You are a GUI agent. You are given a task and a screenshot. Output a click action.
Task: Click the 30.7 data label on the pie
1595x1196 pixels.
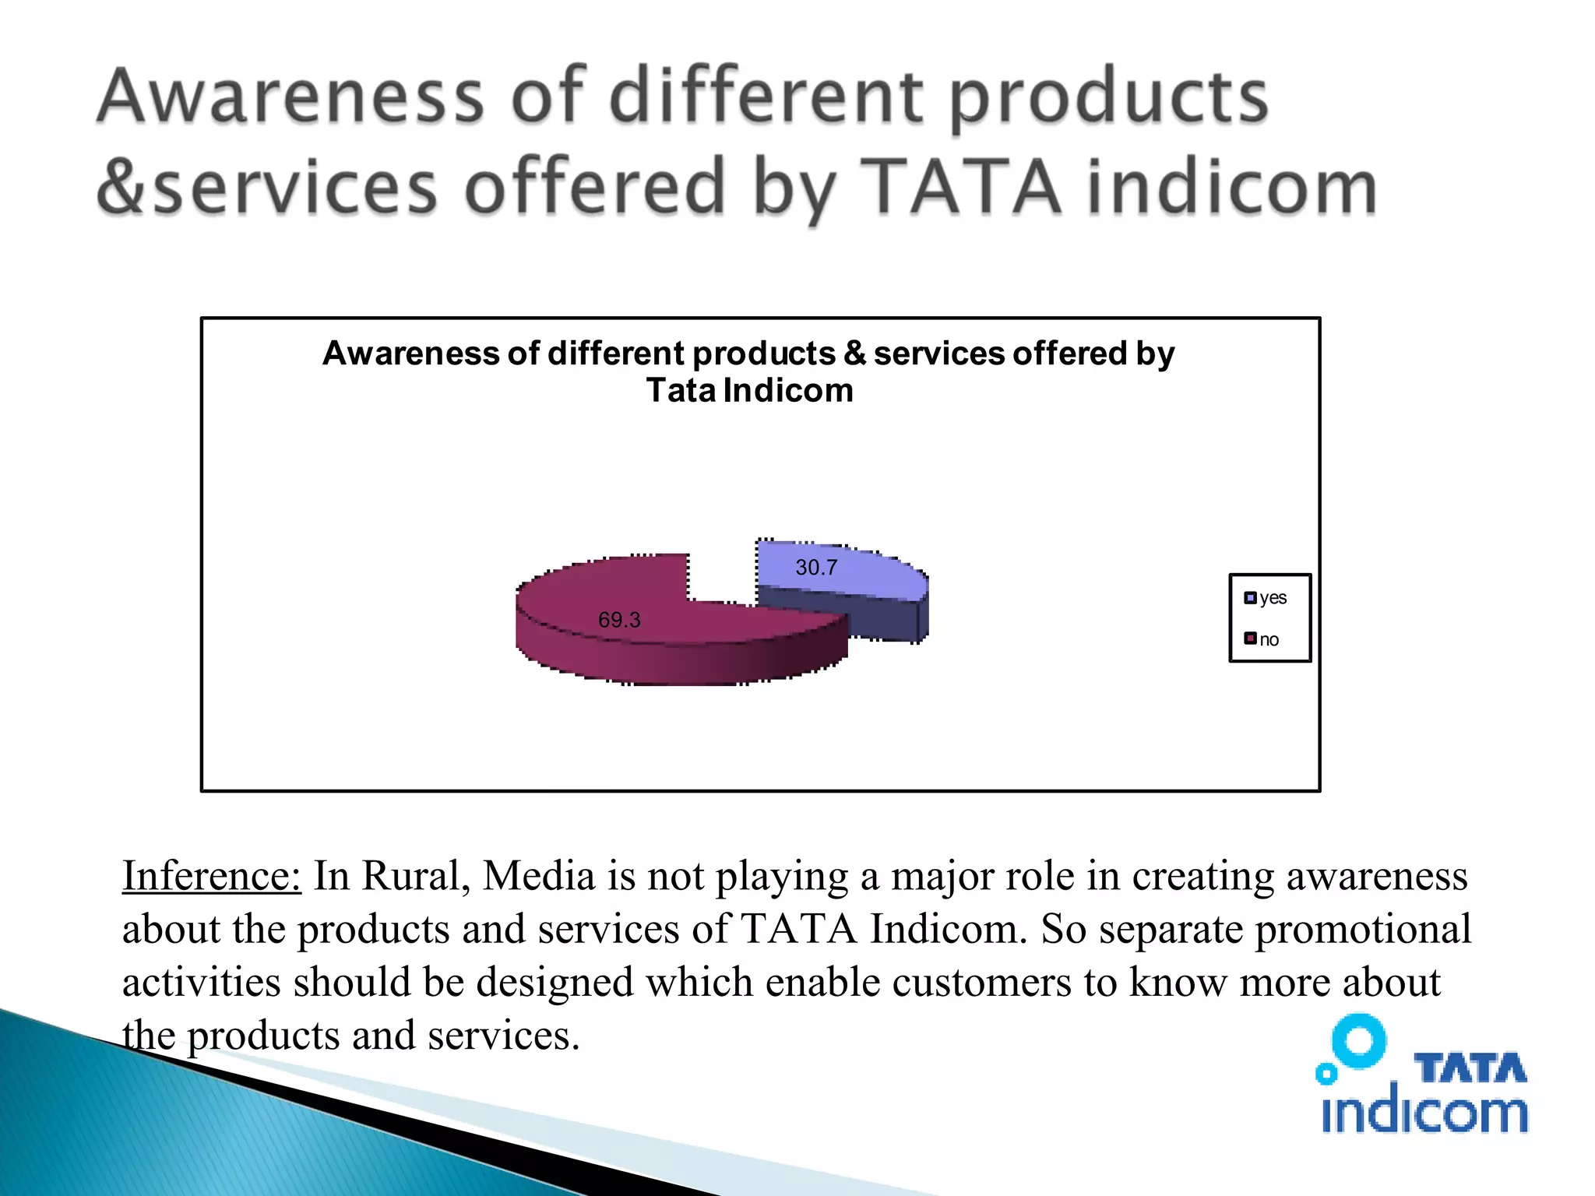(816, 568)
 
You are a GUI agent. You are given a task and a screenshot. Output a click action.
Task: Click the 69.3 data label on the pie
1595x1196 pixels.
(619, 620)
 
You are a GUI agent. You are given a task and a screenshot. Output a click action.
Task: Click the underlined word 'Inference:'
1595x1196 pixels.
(211, 876)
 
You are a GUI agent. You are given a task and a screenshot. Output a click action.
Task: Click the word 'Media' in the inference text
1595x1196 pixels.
(539, 876)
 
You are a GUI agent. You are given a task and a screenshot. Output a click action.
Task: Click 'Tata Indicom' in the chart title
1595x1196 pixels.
(749, 390)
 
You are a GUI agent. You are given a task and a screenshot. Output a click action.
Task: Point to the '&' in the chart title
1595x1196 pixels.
(854, 354)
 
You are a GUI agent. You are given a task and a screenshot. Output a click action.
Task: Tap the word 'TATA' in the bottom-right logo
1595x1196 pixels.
(1470, 1068)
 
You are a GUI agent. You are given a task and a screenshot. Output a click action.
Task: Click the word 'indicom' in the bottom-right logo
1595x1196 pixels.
(1424, 1112)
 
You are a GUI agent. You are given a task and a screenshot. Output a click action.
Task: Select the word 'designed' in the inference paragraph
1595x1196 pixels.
(555, 982)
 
